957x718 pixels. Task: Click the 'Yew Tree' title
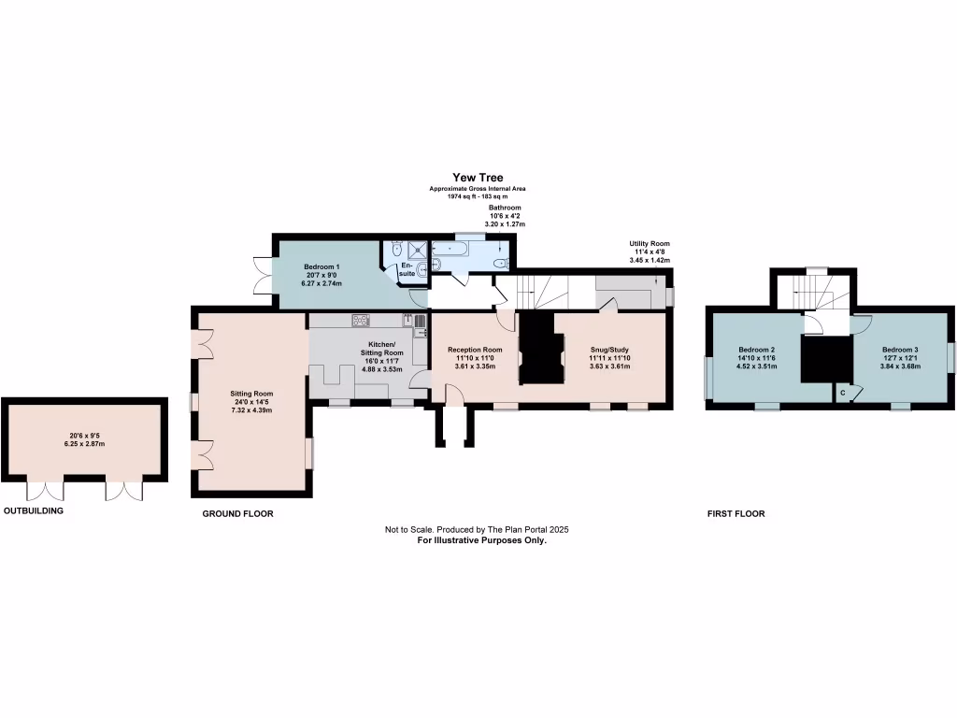tap(478, 178)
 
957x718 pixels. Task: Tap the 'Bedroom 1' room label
tap(321, 267)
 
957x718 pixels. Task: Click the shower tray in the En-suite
tap(418, 249)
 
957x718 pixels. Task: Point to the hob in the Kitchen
tap(361, 321)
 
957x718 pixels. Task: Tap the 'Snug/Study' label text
tap(609, 350)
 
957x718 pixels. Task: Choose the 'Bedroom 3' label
tap(901, 350)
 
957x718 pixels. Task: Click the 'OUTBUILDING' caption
tap(34, 512)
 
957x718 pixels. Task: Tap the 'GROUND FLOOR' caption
tap(238, 514)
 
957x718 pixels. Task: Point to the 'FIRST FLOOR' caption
tap(736, 514)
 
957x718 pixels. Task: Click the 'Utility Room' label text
tap(649, 243)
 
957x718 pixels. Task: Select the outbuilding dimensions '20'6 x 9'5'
tap(83, 436)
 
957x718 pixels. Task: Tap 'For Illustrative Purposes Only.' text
tap(477, 540)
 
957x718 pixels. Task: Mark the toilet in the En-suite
tap(398, 250)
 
